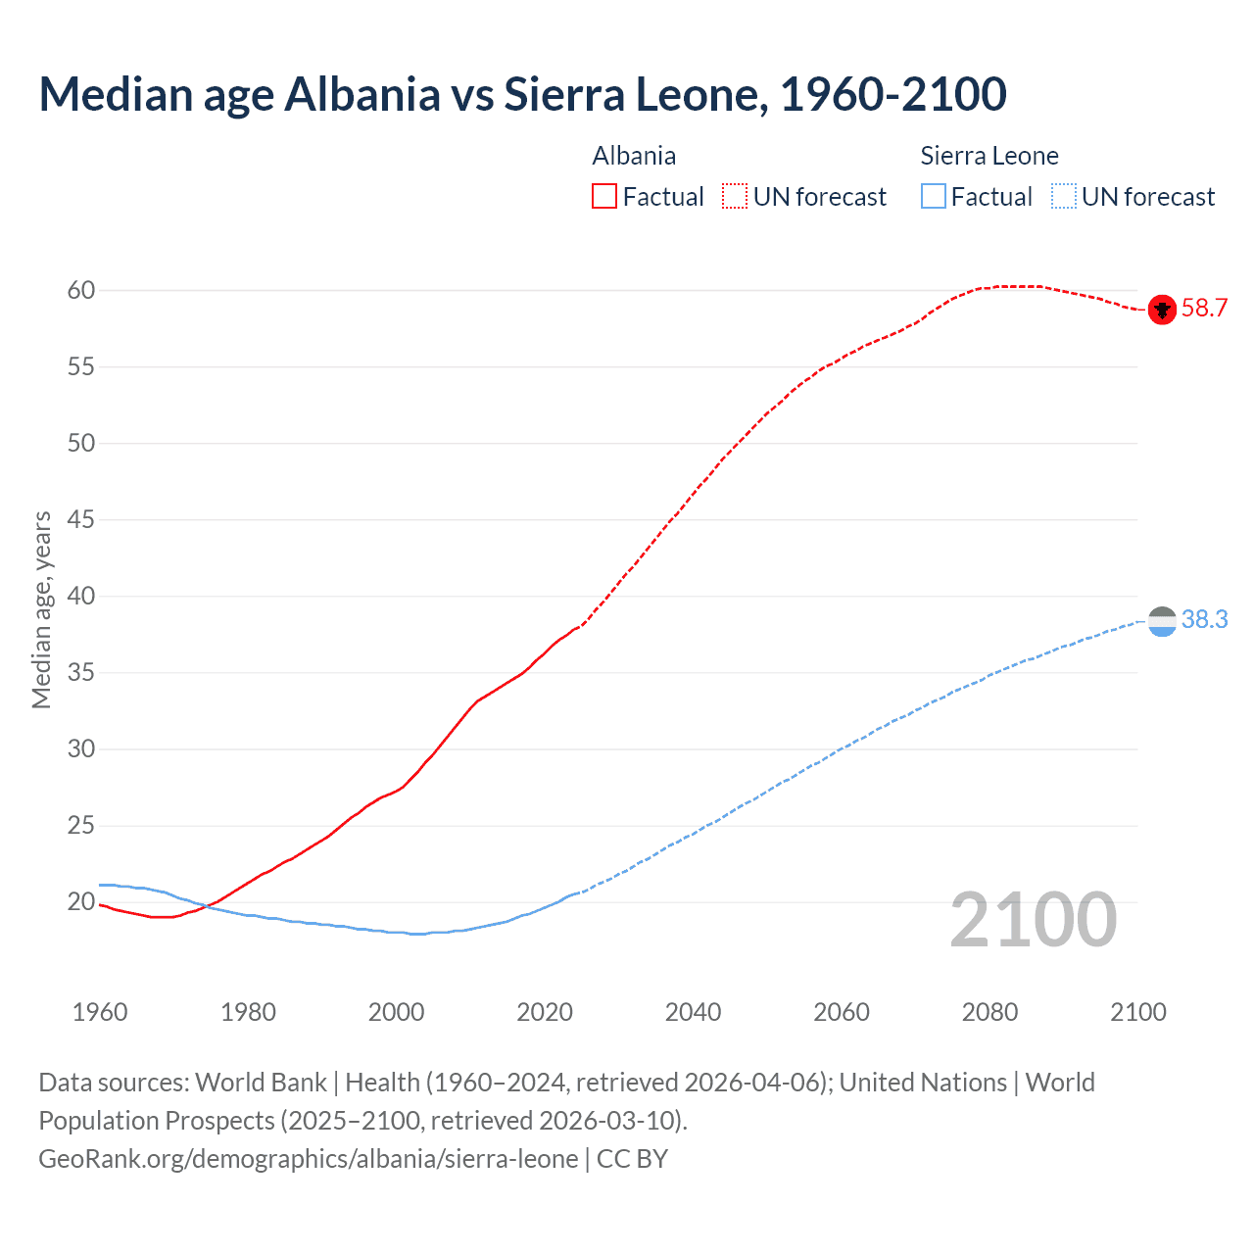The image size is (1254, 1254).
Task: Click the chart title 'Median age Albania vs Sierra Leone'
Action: point(522,95)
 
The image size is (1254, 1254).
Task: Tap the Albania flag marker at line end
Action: point(1162,310)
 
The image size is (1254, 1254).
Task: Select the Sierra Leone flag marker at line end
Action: point(1162,621)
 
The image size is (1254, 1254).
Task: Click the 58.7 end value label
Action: point(1204,309)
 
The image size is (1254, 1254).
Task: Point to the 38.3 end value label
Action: point(1204,620)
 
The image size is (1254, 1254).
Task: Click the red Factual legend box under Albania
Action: point(604,197)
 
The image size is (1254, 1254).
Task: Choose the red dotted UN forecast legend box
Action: point(735,197)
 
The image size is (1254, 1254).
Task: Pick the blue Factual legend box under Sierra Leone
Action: point(934,197)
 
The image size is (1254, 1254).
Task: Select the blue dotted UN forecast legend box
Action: point(1064,197)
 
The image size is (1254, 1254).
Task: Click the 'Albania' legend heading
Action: point(634,157)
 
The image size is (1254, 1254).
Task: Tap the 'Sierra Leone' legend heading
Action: point(989,157)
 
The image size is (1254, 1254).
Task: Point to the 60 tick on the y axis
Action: point(81,291)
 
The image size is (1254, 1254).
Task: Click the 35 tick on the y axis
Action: point(81,673)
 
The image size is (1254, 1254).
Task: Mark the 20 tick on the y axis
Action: point(81,902)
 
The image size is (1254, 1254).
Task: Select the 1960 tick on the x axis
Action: point(100,1012)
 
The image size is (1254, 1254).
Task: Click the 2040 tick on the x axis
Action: point(693,1012)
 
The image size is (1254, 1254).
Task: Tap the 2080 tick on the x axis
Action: point(989,1012)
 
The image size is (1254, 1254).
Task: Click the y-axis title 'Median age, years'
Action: point(41,609)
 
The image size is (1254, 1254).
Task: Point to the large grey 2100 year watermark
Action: point(1033,920)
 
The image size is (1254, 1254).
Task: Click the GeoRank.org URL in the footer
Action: point(308,1159)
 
